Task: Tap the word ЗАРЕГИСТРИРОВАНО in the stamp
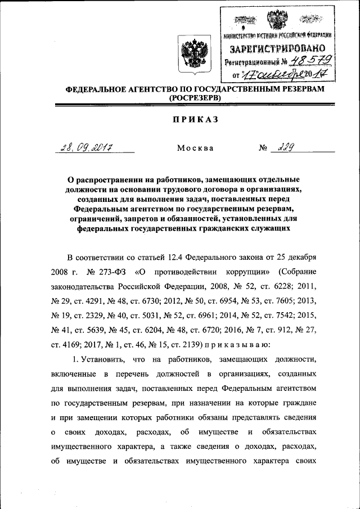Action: point(277,49)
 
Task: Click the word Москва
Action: point(195,148)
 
